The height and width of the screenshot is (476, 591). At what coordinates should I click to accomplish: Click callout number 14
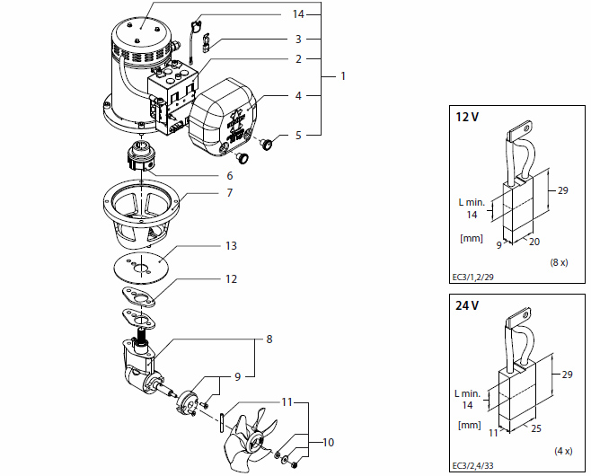pos(299,15)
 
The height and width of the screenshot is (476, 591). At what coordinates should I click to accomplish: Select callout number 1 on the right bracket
pos(342,77)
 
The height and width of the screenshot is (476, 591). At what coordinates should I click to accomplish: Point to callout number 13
pos(231,244)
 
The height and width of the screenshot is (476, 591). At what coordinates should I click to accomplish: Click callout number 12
pos(231,279)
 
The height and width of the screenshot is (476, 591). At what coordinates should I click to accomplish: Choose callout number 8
pos(269,340)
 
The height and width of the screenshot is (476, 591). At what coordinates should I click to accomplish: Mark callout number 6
pos(229,175)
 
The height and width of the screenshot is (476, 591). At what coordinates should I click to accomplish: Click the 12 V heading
pos(468,118)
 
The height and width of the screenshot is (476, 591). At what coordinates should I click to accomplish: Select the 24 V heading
pos(468,305)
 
